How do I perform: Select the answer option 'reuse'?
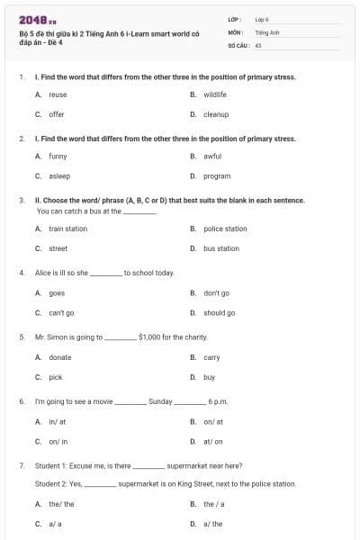point(58,94)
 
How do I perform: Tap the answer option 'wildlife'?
point(214,94)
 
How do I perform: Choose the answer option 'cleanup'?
point(216,114)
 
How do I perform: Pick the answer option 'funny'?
point(58,156)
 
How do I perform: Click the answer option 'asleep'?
point(58,176)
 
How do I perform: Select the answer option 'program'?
point(217,176)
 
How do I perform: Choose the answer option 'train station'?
point(67,229)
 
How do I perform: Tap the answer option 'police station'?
point(225,229)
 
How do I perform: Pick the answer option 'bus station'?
point(221,248)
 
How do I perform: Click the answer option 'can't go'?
point(61,313)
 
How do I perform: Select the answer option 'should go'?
point(219,313)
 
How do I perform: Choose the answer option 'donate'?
point(59,357)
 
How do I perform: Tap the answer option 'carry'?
point(211,357)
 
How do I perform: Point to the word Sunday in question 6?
point(160,401)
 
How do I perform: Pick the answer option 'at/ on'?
point(212,442)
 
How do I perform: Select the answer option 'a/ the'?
point(212,524)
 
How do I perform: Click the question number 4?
point(21,272)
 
